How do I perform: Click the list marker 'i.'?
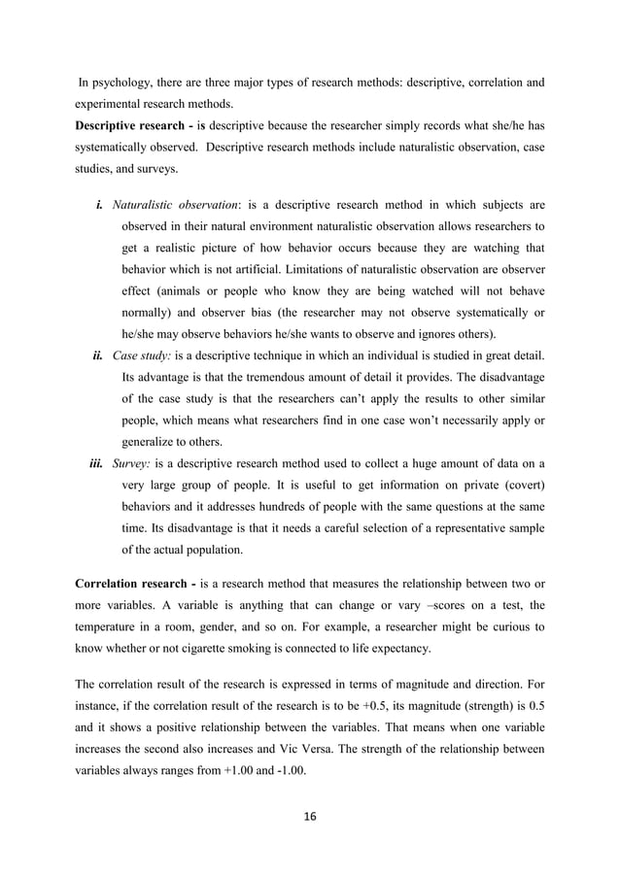coord(100,206)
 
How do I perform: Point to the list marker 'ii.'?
coord(98,354)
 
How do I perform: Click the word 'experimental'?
coord(110,103)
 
